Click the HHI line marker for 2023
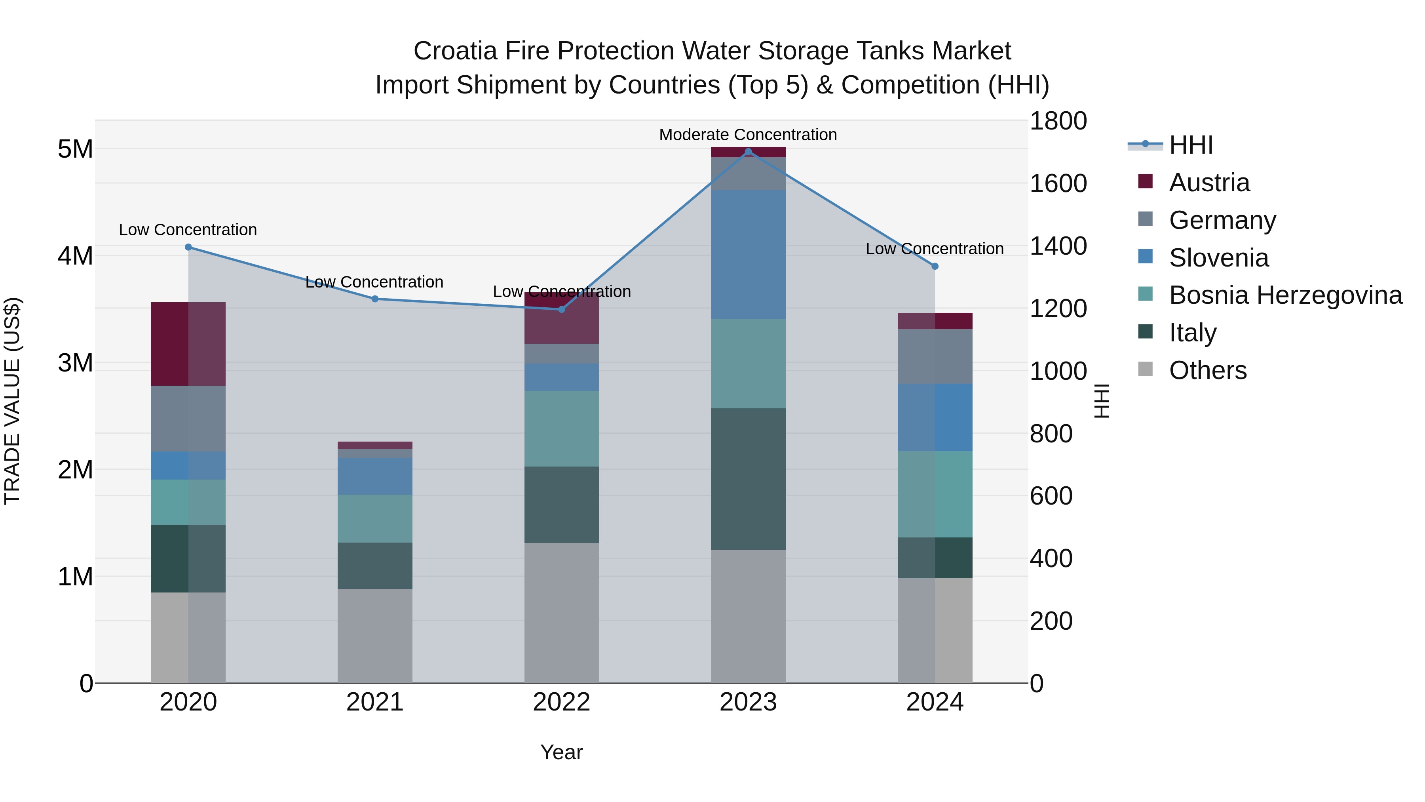[x=748, y=152]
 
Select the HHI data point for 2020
[x=188, y=247]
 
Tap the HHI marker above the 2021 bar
[x=374, y=299]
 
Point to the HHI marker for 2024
[x=935, y=266]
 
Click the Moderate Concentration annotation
[x=747, y=135]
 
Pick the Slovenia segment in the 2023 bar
[x=748, y=255]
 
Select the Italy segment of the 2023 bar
[x=748, y=479]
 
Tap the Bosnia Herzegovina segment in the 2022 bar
[x=561, y=429]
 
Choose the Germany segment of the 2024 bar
[x=935, y=356]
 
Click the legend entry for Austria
[x=1209, y=183]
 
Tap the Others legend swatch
[x=1145, y=369]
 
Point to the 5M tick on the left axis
[x=75, y=149]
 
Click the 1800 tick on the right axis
[x=1058, y=121]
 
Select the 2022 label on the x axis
[x=561, y=702]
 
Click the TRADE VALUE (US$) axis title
[x=12, y=401]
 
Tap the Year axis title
[x=561, y=752]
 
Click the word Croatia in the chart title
[x=455, y=51]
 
